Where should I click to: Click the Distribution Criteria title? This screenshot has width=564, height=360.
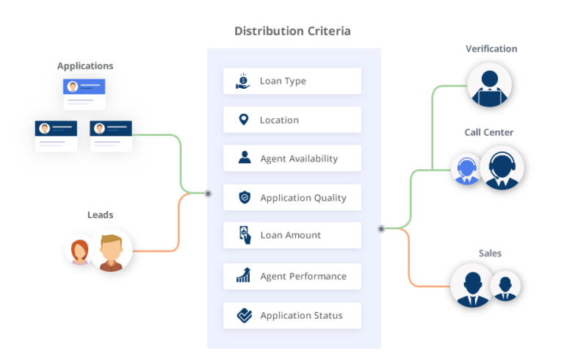pos(292,32)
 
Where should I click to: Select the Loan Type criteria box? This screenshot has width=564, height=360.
pos(292,81)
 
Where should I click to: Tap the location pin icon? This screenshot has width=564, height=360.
pos(244,119)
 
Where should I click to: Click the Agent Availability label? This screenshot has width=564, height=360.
pos(299,159)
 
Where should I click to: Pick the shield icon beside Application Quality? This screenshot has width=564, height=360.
pos(244,197)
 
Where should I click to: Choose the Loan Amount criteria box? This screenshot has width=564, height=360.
pos(292,235)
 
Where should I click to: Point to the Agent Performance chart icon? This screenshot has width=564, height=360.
pos(244,276)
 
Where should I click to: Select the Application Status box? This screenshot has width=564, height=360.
pos(292,315)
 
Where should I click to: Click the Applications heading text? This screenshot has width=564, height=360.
pos(85,66)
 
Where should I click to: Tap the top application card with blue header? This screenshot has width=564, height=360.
pos(85,93)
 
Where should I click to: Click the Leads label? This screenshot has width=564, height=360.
pos(101,215)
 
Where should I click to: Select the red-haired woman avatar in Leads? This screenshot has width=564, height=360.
pos(78,252)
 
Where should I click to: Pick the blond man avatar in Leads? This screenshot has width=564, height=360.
pos(112,252)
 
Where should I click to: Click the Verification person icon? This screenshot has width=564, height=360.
pos(490,87)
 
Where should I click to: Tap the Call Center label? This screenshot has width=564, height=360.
pos(488,132)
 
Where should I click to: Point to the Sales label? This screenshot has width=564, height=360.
pos(490,253)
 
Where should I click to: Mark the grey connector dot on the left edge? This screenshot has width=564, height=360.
pos(208,193)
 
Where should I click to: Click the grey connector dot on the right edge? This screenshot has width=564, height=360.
pos(381,228)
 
